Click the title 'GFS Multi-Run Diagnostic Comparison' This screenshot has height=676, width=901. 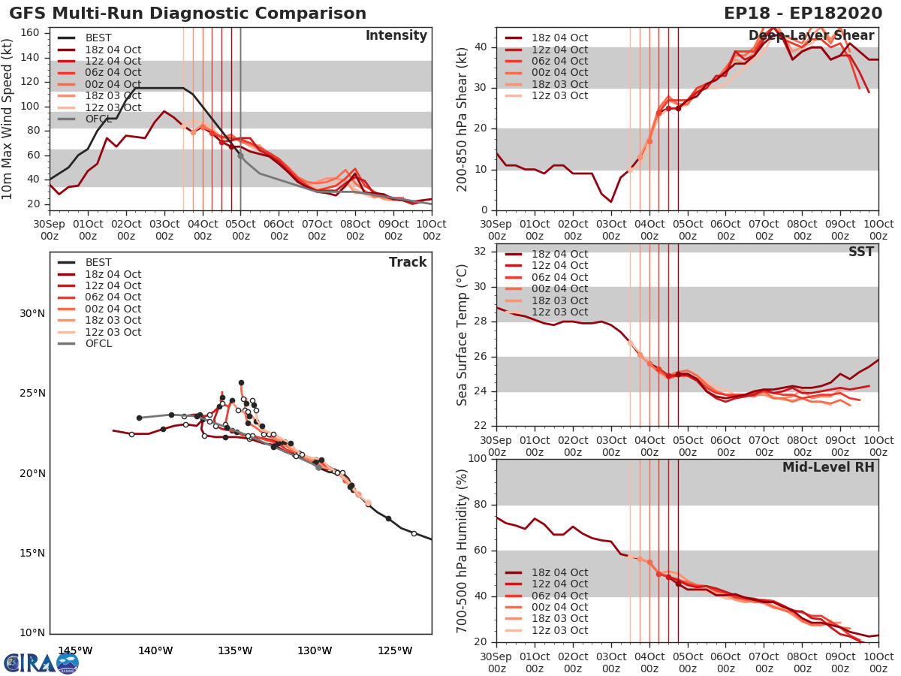point(188,14)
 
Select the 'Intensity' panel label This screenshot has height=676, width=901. point(396,36)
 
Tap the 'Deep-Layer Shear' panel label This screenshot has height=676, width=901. point(811,36)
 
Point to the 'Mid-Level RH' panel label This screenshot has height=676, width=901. point(828,467)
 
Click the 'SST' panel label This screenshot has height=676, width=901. point(861,252)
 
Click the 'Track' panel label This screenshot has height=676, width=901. point(408,262)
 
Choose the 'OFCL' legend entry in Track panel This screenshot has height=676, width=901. point(98,343)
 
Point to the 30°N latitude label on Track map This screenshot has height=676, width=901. point(31,313)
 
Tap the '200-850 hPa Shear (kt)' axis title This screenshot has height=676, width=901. point(463,119)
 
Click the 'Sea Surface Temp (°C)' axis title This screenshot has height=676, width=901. point(463,335)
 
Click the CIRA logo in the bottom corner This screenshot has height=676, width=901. point(41,662)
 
